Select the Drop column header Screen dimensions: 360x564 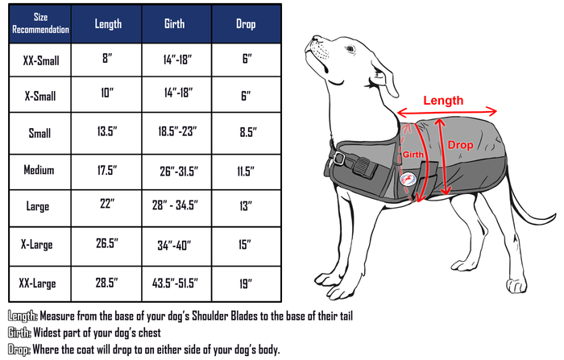coord(247,23)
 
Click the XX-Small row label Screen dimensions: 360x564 coord(39,60)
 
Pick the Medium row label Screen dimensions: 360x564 coord(39,171)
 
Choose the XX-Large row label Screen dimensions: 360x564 coord(39,282)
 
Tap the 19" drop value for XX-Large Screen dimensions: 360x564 coord(247,283)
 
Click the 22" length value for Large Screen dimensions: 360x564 coord(107,205)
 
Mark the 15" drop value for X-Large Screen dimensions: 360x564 coord(247,244)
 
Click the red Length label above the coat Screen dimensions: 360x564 coord(443,101)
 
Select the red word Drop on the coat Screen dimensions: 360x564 coord(461,145)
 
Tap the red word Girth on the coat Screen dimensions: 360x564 coord(413,154)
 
